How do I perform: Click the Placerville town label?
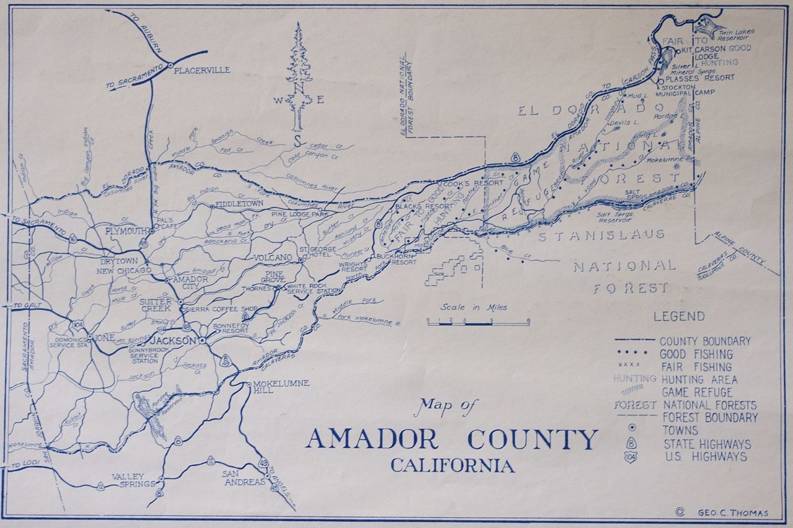[202, 70]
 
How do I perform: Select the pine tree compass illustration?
[299, 77]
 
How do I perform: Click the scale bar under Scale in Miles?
[478, 322]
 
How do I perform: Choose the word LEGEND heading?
[679, 317]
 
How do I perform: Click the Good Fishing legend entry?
[696, 354]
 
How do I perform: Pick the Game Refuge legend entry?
[697, 392]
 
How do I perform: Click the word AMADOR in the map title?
[372, 439]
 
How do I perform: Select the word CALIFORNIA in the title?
[452, 465]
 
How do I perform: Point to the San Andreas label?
[243, 478]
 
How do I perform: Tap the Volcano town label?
[273, 257]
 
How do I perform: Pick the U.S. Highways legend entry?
[705, 457]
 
